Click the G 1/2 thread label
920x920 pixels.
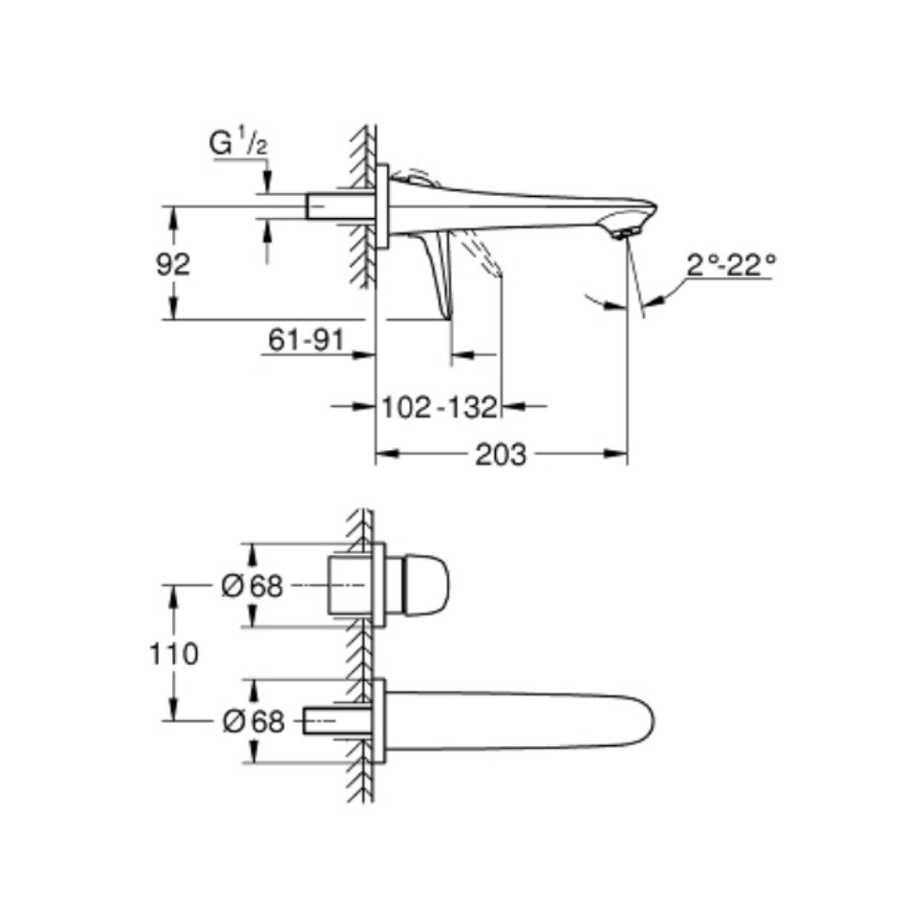(238, 144)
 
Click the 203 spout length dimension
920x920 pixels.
(500, 454)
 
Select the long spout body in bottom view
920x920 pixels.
(515, 722)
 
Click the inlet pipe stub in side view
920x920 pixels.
(337, 205)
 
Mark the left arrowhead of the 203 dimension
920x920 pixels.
(383, 454)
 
